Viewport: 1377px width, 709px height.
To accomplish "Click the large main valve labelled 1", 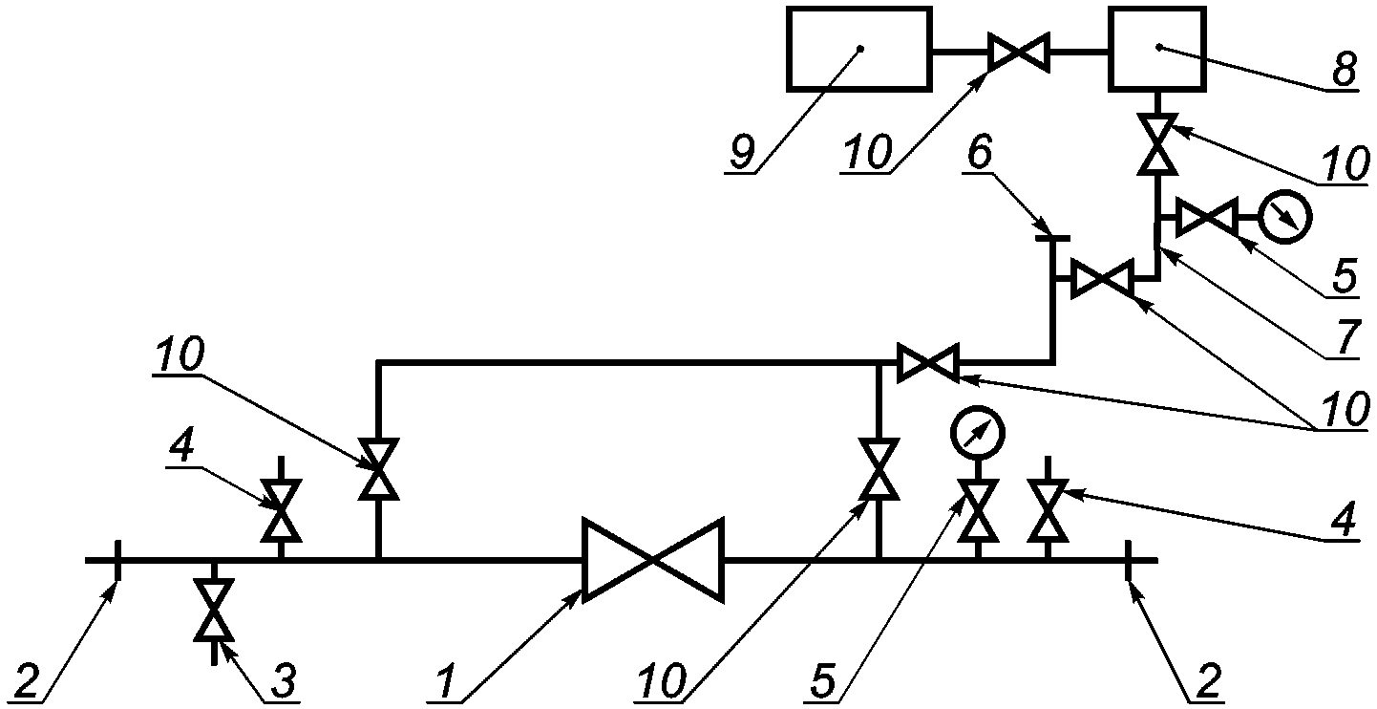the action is pos(653,560).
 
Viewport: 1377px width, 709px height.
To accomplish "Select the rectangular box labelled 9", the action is pos(859,49).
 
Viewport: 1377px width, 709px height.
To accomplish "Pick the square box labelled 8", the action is pos(1157,49).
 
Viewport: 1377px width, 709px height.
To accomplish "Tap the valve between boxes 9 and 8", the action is pos(1019,53).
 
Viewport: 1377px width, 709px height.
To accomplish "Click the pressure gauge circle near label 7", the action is pos(1284,217).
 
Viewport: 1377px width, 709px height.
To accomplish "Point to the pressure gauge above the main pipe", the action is pos(978,433).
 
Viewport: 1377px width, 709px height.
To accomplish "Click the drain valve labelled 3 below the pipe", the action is pos(213,610).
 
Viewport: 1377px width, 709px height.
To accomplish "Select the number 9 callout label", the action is pos(742,151).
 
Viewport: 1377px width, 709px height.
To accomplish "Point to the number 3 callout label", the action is pos(284,680).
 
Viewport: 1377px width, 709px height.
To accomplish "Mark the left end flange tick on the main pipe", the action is pos(117,560).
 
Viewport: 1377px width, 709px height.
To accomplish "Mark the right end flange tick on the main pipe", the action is pos(1128,560).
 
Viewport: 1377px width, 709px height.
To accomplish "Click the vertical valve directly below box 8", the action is pos(1157,144).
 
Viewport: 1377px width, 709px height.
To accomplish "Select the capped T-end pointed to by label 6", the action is pos(1052,239).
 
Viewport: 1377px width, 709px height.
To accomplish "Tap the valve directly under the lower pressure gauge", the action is pos(978,511).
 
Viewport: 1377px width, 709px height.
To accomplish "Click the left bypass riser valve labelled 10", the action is pos(379,469).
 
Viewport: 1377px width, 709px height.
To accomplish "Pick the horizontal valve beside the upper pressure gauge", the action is pos(1207,218).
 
